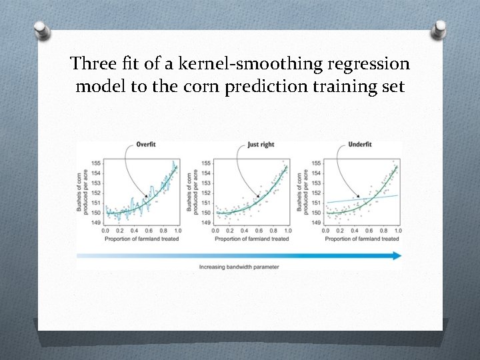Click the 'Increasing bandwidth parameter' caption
click(x=239, y=267)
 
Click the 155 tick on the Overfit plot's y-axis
click(x=96, y=163)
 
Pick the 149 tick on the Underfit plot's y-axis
click(x=317, y=223)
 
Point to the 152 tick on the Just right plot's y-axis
click(x=206, y=193)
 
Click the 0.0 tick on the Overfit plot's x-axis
click(x=105, y=231)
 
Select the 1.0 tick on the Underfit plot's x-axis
click(x=398, y=231)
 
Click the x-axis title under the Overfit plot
click(x=141, y=239)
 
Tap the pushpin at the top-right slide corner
click(x=439, y=28)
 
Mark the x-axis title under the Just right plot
click(x=251, y=239)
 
